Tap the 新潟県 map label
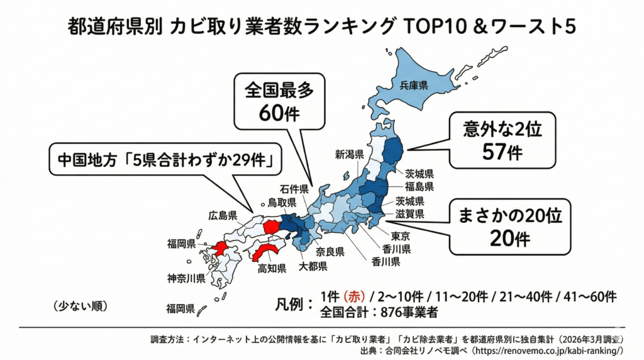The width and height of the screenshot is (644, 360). click(x=350, y=154)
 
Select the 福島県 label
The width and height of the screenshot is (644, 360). click(x=419, y=187)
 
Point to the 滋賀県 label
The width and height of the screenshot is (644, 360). click(x=409, y=214)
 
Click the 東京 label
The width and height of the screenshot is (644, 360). click(x=401, y=236)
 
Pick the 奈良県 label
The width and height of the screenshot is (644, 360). click(x=330, y=252)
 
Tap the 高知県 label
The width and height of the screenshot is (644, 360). click(x=272, y=269)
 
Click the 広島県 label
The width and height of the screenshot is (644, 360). click(x=223, y=216)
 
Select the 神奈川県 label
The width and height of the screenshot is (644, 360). click(x=186, y=278)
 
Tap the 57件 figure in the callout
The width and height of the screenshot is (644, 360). click(x=501, y=152)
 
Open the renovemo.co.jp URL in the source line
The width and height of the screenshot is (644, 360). click(x=547, y=350)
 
